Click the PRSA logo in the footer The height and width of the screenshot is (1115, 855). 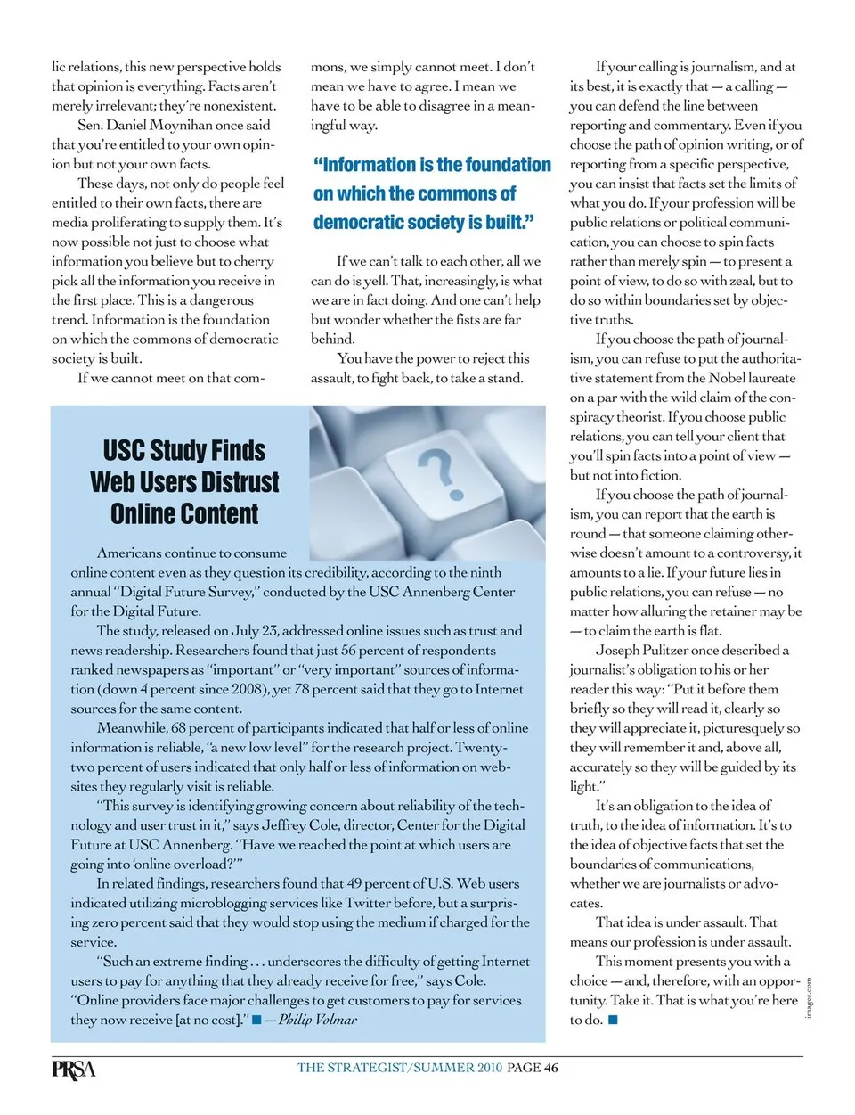pyautogui.click(x=73, y=1069)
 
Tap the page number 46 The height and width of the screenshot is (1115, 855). pyautogui.click(x=551, y=1068)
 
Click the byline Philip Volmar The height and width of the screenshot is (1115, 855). pyautogui.click(x=318, y=1020)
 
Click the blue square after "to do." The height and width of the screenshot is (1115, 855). pyautogui.click(x=613, y=1020)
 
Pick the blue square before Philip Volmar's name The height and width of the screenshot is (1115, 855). pyautogui.click(x=256, y=1020)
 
